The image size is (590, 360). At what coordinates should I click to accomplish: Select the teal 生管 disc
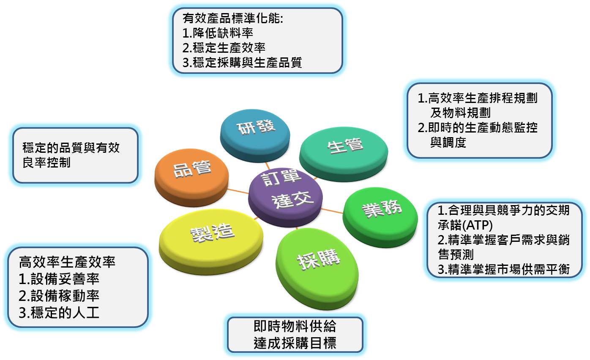tap(344, 154)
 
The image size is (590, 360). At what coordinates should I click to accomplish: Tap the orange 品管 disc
tap(191, 177)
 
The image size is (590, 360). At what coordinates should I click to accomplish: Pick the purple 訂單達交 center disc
tap(285, 197)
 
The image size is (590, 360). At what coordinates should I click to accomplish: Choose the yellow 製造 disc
tap(211, 242)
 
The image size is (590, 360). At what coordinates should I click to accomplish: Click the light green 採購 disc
tap(317, 269)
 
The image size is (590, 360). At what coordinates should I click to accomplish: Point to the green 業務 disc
tap(380, 217)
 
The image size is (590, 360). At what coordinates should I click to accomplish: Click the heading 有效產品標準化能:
tap(233, 19)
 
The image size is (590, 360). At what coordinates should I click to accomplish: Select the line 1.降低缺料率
tap(218, 33)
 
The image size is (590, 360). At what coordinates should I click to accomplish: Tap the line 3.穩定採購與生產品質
tap(242, 62)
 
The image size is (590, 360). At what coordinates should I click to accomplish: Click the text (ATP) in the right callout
tap(477, 225)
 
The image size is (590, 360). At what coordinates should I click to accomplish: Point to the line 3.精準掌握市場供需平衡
tap(504, 269)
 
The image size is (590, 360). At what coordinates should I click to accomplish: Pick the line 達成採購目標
tap(295, 343)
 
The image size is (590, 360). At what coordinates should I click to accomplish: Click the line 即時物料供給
tap(295, 326)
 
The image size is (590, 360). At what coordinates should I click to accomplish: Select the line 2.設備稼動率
tap(59, 296)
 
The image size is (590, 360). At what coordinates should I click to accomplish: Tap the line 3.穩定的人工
tap(59, 313)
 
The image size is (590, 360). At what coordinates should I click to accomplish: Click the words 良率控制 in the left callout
tap(46, 162)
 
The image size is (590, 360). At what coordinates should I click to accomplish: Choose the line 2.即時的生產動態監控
tap(477, 127)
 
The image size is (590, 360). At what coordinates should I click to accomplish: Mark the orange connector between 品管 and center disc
tap(238, 191)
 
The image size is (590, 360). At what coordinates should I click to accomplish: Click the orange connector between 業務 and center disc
tap(332, 211)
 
